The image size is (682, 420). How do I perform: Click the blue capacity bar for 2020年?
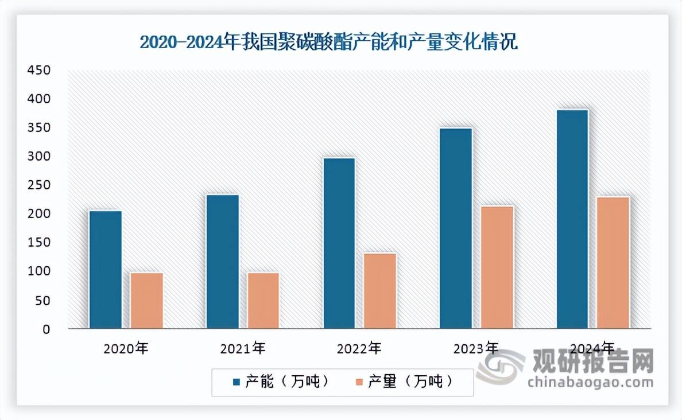click(x=106, y=270)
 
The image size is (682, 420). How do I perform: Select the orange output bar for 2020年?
click(x=147, y=301)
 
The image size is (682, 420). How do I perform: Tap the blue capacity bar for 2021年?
click(x=223, y=262)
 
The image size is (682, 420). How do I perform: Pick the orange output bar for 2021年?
click(x=263, y=301)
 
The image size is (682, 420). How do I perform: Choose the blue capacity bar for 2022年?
click(x=339, y=243)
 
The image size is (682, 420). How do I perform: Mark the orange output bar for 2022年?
click(x=381, y=291)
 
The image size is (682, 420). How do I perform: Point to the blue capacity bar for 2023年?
click(x=456, y=228)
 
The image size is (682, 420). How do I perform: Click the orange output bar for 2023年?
click(x=497, y=267)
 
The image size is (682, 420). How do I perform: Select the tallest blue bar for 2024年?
click(x=572, y=219)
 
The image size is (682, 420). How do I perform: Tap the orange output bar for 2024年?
click(x=614, y=263)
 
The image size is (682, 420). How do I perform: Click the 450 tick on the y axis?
click(x=40, y=71)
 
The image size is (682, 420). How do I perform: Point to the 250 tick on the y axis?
click(x=40, y=185)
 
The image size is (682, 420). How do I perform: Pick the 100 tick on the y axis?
click(x=40, y=271)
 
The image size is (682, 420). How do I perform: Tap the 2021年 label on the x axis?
click(x=242, y=348)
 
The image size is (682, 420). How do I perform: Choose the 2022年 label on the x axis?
click(x=359, y=348)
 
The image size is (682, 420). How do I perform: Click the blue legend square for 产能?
click(x=237, y=382)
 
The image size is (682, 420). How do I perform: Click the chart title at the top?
click(x=329, y=42)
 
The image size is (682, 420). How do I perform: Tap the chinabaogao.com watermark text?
click(x=591, y=383)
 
